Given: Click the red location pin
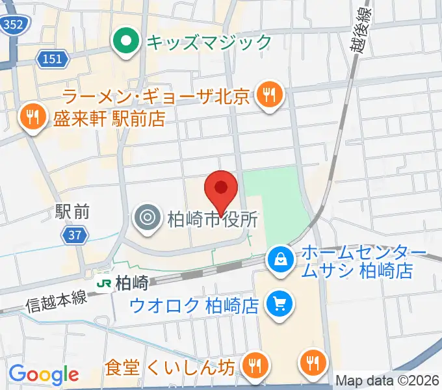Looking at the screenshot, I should (x=221, y=189).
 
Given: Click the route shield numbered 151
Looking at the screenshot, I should (x=53, y=59).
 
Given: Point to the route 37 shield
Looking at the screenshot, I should (x=76, y=236).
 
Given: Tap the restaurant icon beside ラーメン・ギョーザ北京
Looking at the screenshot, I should (x=268, y=96).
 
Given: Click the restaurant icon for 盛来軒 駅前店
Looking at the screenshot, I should (x=31, y=117).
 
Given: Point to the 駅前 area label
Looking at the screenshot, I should (x=72, y=211).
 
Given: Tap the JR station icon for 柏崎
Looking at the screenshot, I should (x=103, y=283).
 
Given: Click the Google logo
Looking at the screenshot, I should (x=44, y=374).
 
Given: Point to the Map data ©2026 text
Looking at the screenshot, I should (x=387, y=380).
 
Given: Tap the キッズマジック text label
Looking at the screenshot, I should (x=209, y=42).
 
